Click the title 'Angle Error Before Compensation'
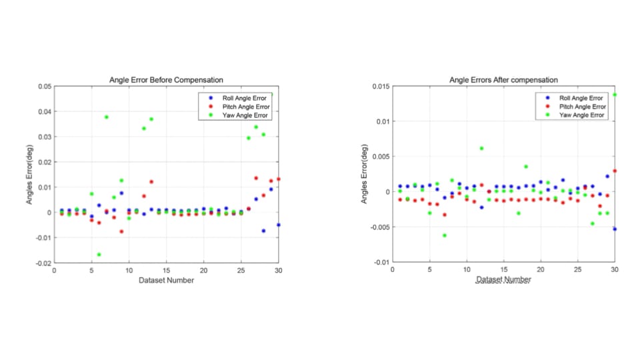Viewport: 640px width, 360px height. click(166, 80)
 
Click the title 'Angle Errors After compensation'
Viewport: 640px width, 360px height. click(503, 80)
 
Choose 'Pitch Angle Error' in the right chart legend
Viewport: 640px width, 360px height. click(583, 106)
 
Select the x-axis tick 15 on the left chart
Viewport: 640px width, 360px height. click(166, 271)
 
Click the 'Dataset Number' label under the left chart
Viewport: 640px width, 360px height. click(166, 281)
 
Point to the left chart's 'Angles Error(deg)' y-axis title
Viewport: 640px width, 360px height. click(30, 175)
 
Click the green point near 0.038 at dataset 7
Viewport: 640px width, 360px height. click(106, 117)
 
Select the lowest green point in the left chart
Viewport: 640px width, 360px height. click(99, 255)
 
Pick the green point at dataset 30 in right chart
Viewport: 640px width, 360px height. click(615, 95)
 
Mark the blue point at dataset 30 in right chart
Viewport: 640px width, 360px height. click(615, 229)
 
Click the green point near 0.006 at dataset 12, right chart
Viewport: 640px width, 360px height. click(481, 148)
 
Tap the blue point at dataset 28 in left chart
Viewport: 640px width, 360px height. click(263, 231)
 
